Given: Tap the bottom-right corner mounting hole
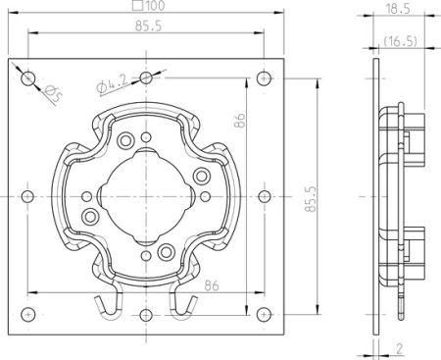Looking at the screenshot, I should pos(262,313).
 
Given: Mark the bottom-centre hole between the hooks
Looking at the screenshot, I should pos(146,314).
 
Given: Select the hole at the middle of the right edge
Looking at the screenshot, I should pos(262,195).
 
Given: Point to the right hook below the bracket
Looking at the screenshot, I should pos(183,304).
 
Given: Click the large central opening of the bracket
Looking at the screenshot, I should pos(146,192).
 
